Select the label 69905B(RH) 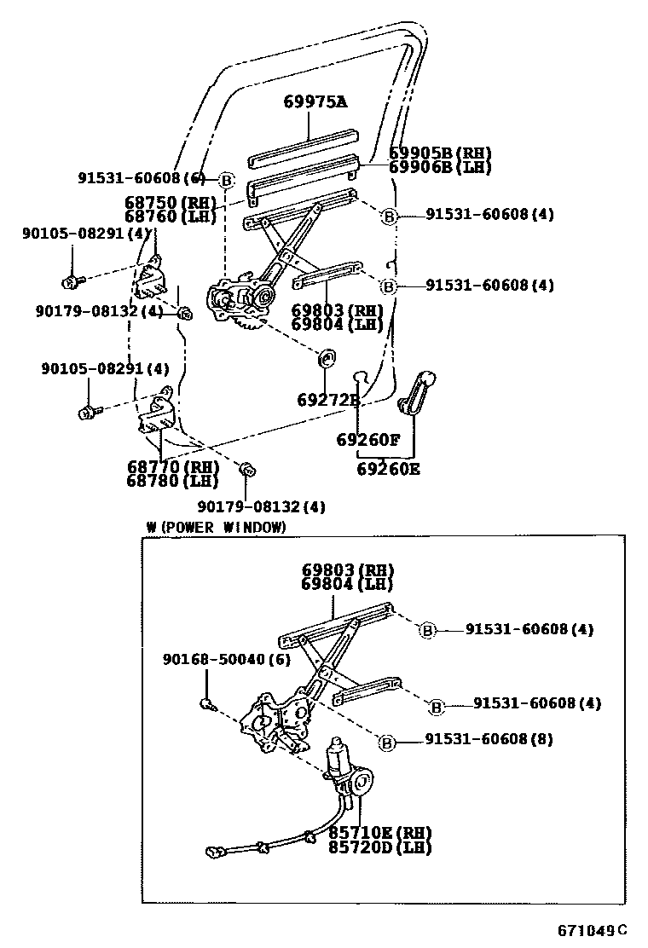[440, 153]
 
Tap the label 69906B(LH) [440, 167]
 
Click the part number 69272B [328, 399]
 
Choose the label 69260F [367, 440]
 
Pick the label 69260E [388, 469]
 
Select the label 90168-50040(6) [226, 660]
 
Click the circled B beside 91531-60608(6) [226, 181]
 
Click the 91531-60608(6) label [142, 178]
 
